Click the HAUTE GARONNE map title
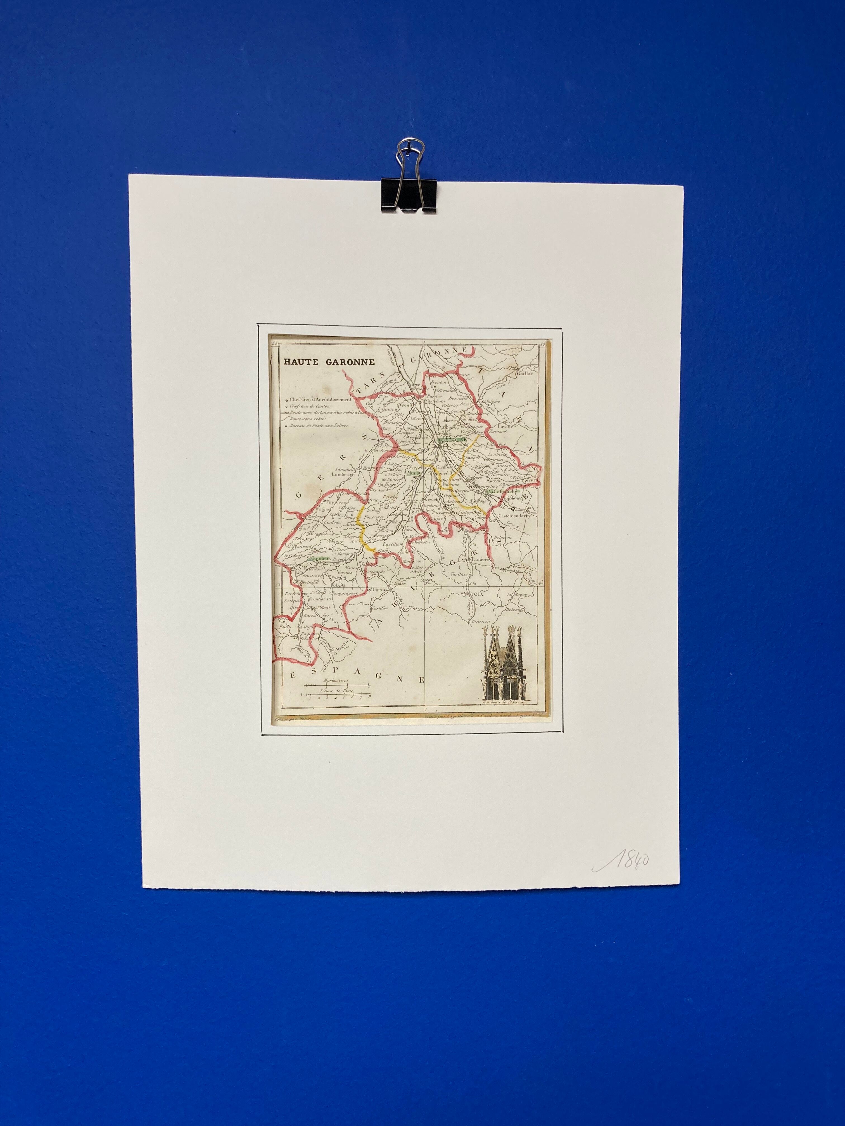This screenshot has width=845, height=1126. pos(329,362)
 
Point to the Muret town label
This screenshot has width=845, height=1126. pos(414,473)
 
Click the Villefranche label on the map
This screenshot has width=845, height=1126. pos(502,492)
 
